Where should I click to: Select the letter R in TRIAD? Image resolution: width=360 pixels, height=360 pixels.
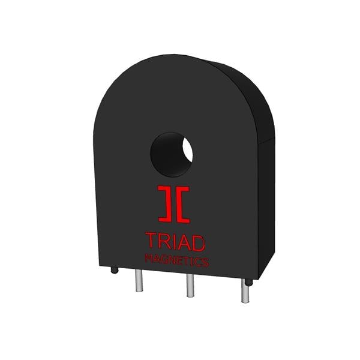163,241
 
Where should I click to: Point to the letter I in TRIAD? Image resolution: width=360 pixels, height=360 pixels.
173,241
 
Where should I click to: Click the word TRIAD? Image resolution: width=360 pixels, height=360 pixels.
175,241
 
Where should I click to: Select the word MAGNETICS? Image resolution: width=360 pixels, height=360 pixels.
176,261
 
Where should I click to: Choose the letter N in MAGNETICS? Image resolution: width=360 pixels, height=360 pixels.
170,260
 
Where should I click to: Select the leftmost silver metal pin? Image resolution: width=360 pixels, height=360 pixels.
139,280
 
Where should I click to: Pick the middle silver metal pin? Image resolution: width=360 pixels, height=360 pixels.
190,286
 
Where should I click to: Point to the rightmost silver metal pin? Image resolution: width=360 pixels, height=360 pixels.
245,292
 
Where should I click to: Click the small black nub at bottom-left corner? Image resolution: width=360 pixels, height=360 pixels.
114,270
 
